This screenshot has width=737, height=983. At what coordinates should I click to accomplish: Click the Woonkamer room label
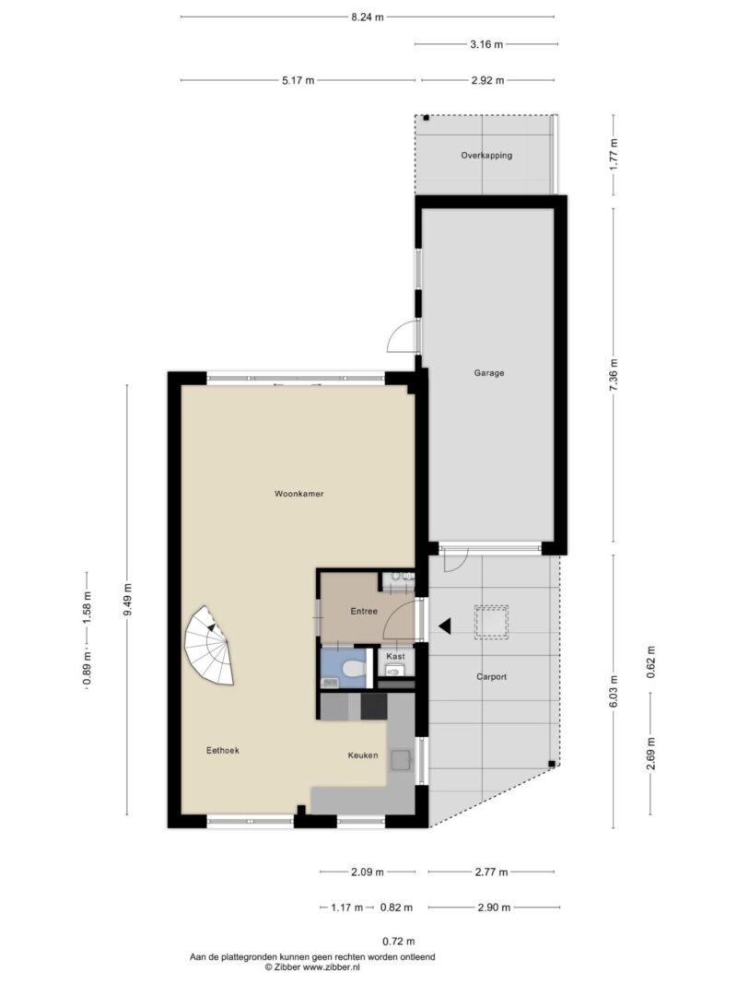point(298,494)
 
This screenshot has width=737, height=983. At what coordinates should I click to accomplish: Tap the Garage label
point(489,373)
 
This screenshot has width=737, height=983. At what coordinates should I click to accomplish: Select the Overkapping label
point(486,156)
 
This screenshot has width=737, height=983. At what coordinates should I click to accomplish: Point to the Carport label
point(492,676)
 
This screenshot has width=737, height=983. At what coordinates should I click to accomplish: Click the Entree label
point(364,612)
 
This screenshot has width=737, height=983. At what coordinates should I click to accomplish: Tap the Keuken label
point(363,755)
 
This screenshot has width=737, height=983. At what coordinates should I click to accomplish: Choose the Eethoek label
point(223,751)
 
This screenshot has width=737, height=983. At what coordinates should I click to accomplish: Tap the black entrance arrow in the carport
point(445,626)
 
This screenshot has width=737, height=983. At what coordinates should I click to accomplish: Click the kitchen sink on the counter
point(401,760)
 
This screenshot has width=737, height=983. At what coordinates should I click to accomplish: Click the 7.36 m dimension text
point(614,374)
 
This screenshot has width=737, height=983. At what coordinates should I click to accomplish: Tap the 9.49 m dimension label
point(127,599)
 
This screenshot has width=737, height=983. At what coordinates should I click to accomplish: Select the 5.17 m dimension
point(298,81)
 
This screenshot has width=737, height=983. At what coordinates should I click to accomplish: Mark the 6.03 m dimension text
point(614,689)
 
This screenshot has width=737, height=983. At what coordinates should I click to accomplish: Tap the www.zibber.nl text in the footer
point(329,967)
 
